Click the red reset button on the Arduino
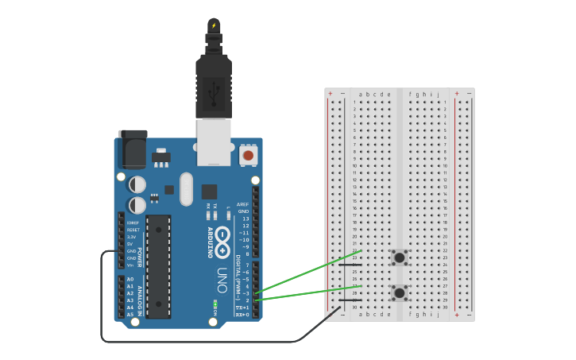(249, 155)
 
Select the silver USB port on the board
(213, 141)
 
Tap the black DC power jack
(133, 149)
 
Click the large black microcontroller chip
(158, 266)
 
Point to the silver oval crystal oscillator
(186, 189)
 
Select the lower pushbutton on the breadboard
(399, 293)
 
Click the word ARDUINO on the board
(210, 242)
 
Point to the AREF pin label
(243, 204)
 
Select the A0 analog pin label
(130, 279)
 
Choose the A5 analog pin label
(130, 315)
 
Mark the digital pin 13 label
(245, 219)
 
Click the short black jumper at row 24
(350, 265)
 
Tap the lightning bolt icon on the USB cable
(213, 25)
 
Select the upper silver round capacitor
(137, 184)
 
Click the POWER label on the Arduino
(140, 257)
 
